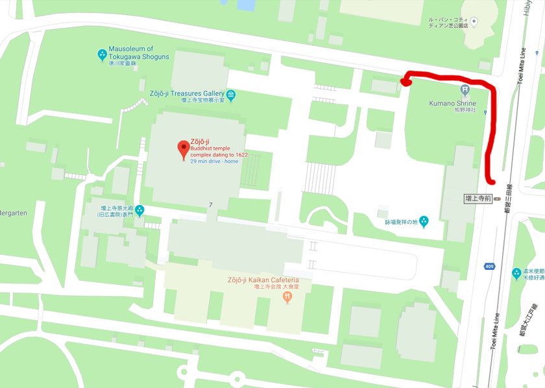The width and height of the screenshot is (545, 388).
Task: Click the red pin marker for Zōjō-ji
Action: tap(184, 149)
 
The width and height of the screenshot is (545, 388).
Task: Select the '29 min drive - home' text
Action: tap(214, 161)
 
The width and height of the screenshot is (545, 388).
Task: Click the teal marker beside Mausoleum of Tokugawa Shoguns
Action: tap(102, 55)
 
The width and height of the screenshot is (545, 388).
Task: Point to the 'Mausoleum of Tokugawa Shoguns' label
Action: tap(139, 53)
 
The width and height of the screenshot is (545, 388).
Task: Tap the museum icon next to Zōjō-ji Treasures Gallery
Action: tap(232, 95)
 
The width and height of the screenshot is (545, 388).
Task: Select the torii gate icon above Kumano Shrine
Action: tap(465, 90)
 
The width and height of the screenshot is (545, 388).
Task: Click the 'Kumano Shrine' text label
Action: tap(452, 103)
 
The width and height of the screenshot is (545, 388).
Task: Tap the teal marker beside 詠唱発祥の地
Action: tap(424, 221)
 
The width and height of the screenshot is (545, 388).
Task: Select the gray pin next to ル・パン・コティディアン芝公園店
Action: tap(474, 23)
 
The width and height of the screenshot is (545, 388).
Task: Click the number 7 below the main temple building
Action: tap(211, 205)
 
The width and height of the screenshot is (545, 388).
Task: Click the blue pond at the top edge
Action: tap(246, 5)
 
